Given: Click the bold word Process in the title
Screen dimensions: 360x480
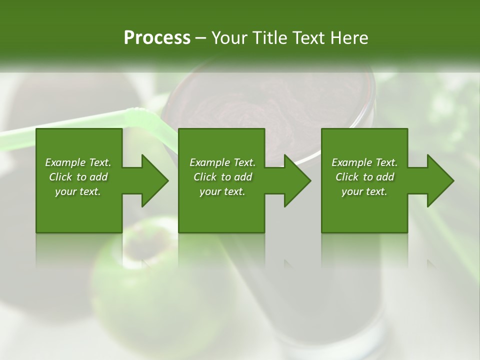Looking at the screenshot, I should click(157, 38).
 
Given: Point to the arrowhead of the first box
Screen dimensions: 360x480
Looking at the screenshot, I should click(152, 180).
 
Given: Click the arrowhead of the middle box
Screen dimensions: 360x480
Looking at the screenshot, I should click(295, 180).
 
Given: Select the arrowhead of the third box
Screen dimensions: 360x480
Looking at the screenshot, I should click(438, 180).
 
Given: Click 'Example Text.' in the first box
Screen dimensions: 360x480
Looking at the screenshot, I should click(78, 162).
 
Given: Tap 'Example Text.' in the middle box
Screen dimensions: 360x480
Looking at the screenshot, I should click(222, 162).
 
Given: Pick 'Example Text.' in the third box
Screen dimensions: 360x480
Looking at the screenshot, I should click(364, 162).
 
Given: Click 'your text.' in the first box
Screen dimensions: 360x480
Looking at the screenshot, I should click(78, 191).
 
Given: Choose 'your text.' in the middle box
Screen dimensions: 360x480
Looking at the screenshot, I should click(222, 191).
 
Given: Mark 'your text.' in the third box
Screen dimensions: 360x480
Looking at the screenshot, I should click(364, 191).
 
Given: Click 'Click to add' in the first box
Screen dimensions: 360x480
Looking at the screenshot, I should click(78, 177).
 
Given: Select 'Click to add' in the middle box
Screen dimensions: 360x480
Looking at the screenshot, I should click(222, 177).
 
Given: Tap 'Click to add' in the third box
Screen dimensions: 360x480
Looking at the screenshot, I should click(364, 177).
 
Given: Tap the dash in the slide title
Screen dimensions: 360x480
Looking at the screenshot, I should click(201, 38).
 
